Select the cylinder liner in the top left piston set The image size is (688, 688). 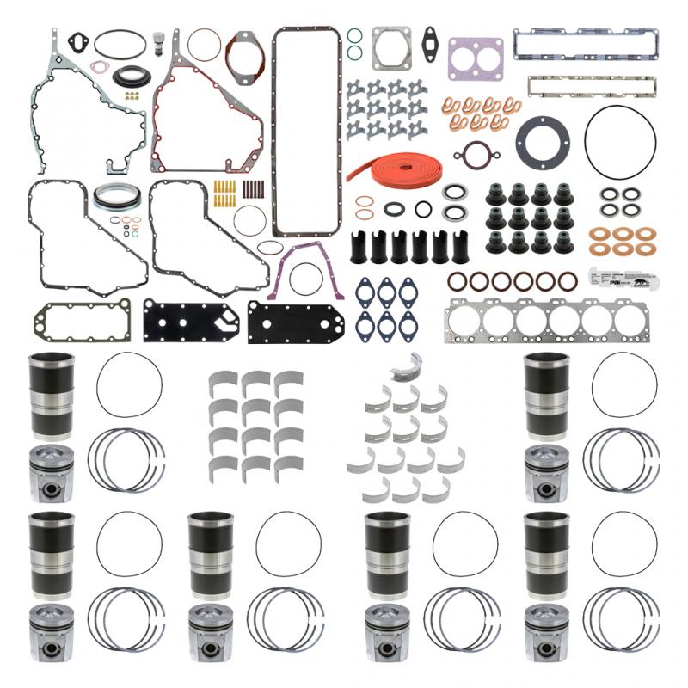[52, 396]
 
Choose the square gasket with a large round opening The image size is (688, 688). [391, 48]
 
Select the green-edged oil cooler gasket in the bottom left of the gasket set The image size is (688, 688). [83, 320]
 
